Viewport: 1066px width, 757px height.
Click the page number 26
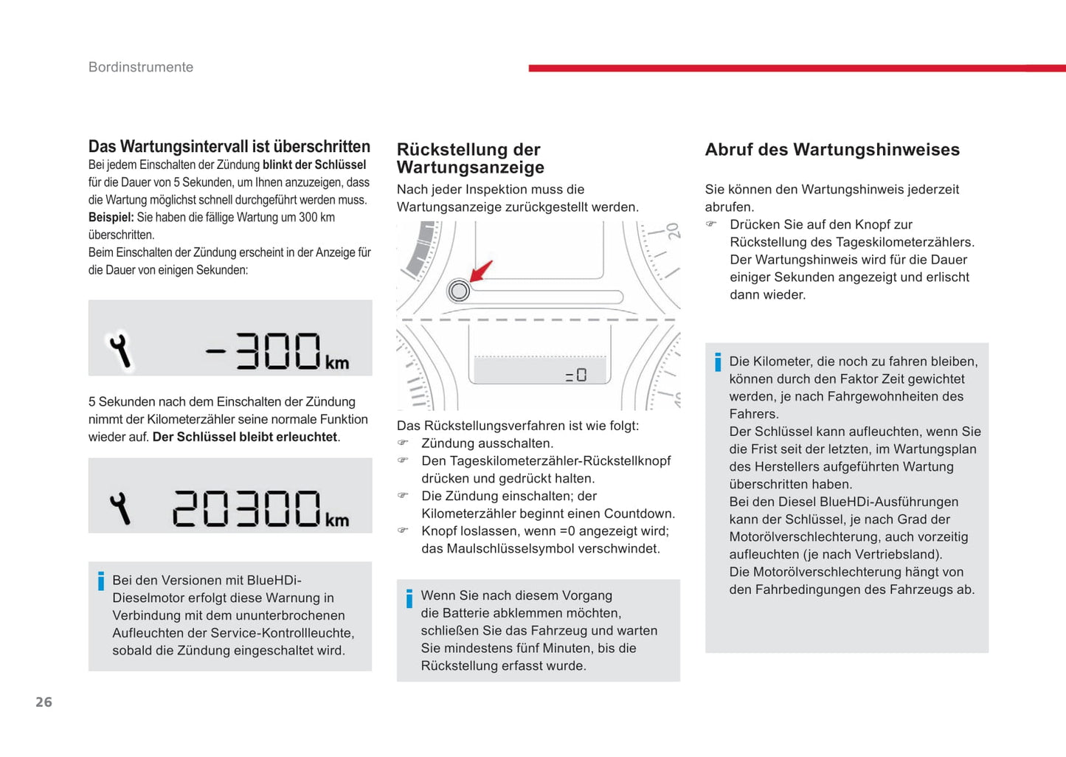click(x=44, y=702)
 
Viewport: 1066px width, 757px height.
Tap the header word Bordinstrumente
click(x=141, y=67)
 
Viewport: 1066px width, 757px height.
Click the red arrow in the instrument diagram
click(x=481, y=271)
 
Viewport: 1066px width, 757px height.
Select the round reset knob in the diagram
click(x=459, y=291)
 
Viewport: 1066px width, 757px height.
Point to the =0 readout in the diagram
click(x=576, y=376)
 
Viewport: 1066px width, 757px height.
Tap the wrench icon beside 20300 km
click(x=120, y=508)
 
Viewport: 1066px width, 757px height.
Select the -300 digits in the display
click(x=263, y=350)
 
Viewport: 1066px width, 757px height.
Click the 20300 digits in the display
click(x=246, y=508)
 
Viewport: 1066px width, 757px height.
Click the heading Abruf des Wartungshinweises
click(x=832, y=150)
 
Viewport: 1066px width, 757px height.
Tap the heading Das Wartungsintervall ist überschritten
click(x=229, y=146)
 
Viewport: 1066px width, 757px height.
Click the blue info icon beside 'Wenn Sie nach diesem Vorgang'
click(x=409, y=598)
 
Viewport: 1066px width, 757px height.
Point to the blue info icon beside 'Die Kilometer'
click(x=718, y=362)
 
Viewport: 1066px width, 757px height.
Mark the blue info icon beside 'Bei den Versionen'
click(x=101, y=581)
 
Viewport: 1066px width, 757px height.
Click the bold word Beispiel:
click(x=111, y=218)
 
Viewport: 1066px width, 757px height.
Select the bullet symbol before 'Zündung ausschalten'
click(x=403, y=443)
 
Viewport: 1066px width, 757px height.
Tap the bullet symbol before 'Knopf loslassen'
click(x=403, y=530)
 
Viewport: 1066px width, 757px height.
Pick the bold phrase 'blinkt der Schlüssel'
click(x=314, y=165)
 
